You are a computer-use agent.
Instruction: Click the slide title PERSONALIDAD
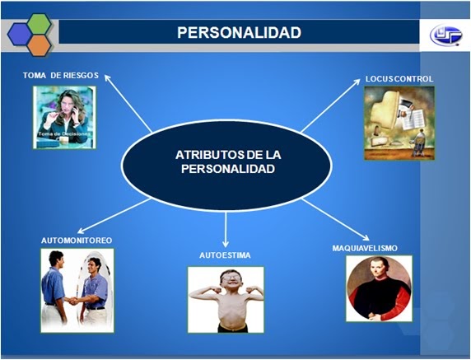[239, 33]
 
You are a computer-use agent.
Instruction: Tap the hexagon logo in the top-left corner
[30, 34]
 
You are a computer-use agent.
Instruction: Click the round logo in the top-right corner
[445, 35]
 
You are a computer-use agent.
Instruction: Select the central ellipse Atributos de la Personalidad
[226, 161]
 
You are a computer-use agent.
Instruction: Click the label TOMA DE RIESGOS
[61, 75]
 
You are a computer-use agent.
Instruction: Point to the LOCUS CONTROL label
[399, 79]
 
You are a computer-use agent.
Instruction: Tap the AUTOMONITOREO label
[77, 240]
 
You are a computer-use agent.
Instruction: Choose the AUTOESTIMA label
[225, 255]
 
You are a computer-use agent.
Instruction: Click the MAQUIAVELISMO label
[375, 247]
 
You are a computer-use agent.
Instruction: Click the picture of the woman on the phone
[64, 117]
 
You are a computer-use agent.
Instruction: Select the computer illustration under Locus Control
[399, 122]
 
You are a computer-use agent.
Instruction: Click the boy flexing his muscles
[226, 298]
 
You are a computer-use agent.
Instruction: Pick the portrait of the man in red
[379, 288]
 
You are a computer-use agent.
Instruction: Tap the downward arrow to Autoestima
[226, 229]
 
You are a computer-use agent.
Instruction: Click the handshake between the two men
[75, 300]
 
